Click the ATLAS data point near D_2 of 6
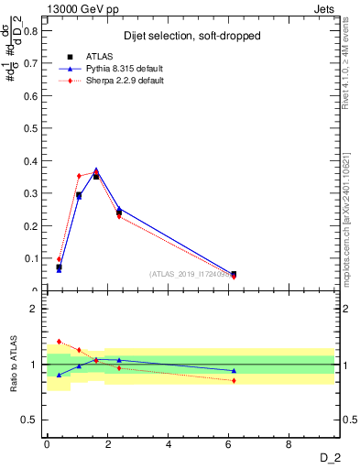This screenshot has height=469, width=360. [x=234, y=274]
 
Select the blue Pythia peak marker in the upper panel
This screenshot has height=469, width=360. [x=96, y=169]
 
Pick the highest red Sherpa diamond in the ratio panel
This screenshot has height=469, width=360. [x=59, y=341]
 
